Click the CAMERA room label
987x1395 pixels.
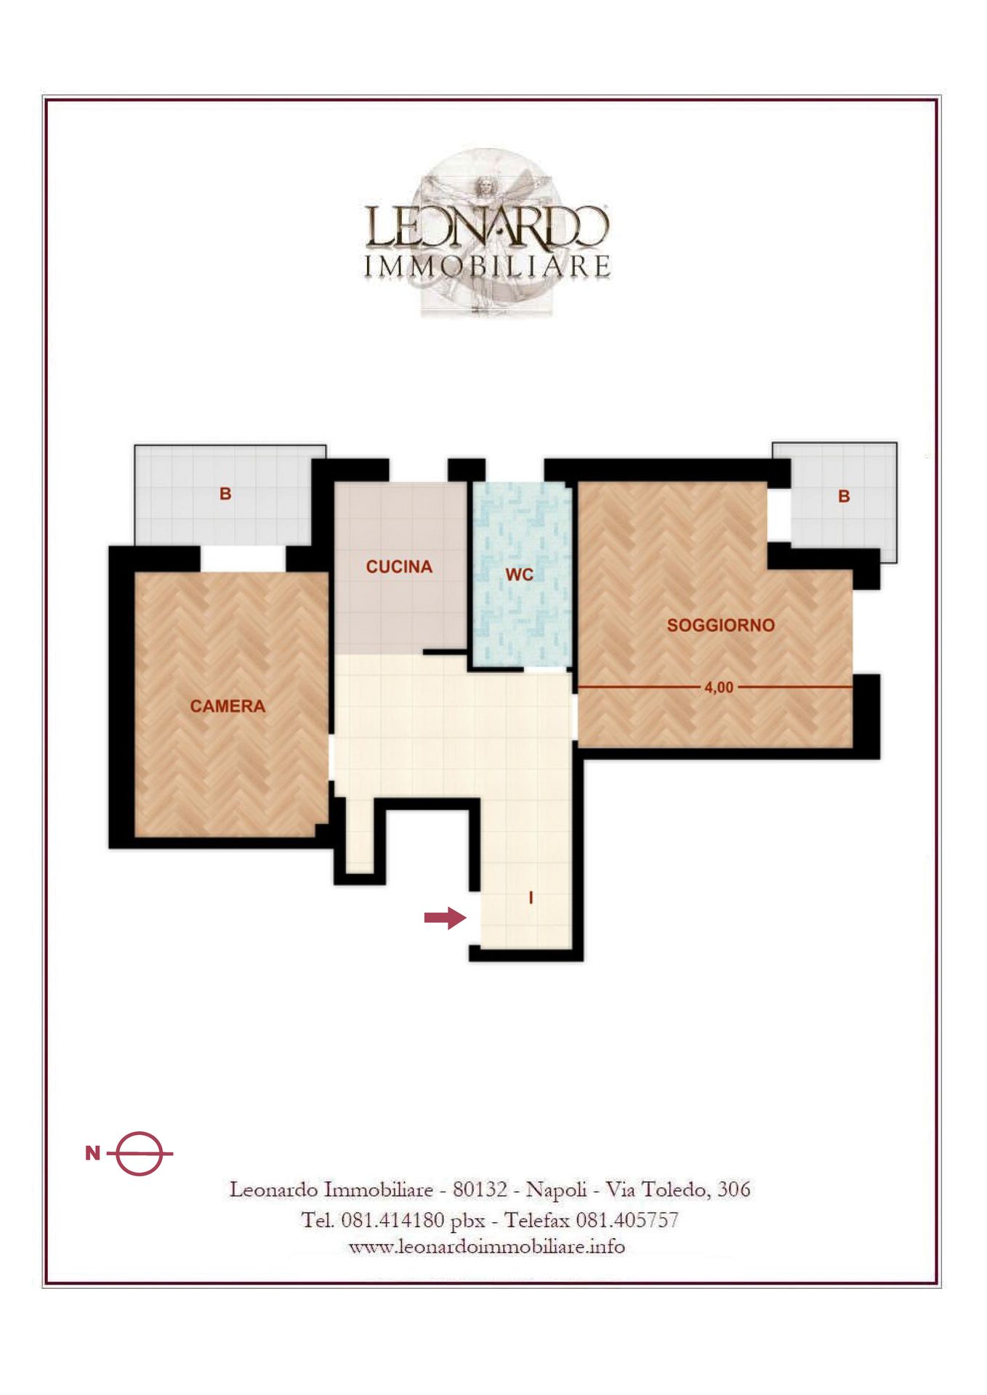point(227,705)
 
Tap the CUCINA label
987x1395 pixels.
point(399,567)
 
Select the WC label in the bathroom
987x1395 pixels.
point(519,575)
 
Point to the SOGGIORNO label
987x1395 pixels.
point(720,625)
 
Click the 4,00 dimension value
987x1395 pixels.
point(719,687)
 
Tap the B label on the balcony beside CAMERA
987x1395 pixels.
point(225,493)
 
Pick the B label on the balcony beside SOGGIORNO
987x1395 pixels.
point(844,496)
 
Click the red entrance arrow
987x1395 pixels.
point(445,918)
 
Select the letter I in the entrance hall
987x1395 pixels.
point(531,898)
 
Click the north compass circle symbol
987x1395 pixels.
point(139,1154)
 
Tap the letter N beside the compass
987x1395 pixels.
point(92,1153)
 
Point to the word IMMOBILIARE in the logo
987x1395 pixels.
point(487,267)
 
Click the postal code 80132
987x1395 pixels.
point(480,1189)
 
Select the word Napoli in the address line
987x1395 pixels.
point(556,1190)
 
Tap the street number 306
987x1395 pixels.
point(733,1189)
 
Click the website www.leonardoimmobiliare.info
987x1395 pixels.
point(487,1247)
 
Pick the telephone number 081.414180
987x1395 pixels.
point(392,1220)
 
